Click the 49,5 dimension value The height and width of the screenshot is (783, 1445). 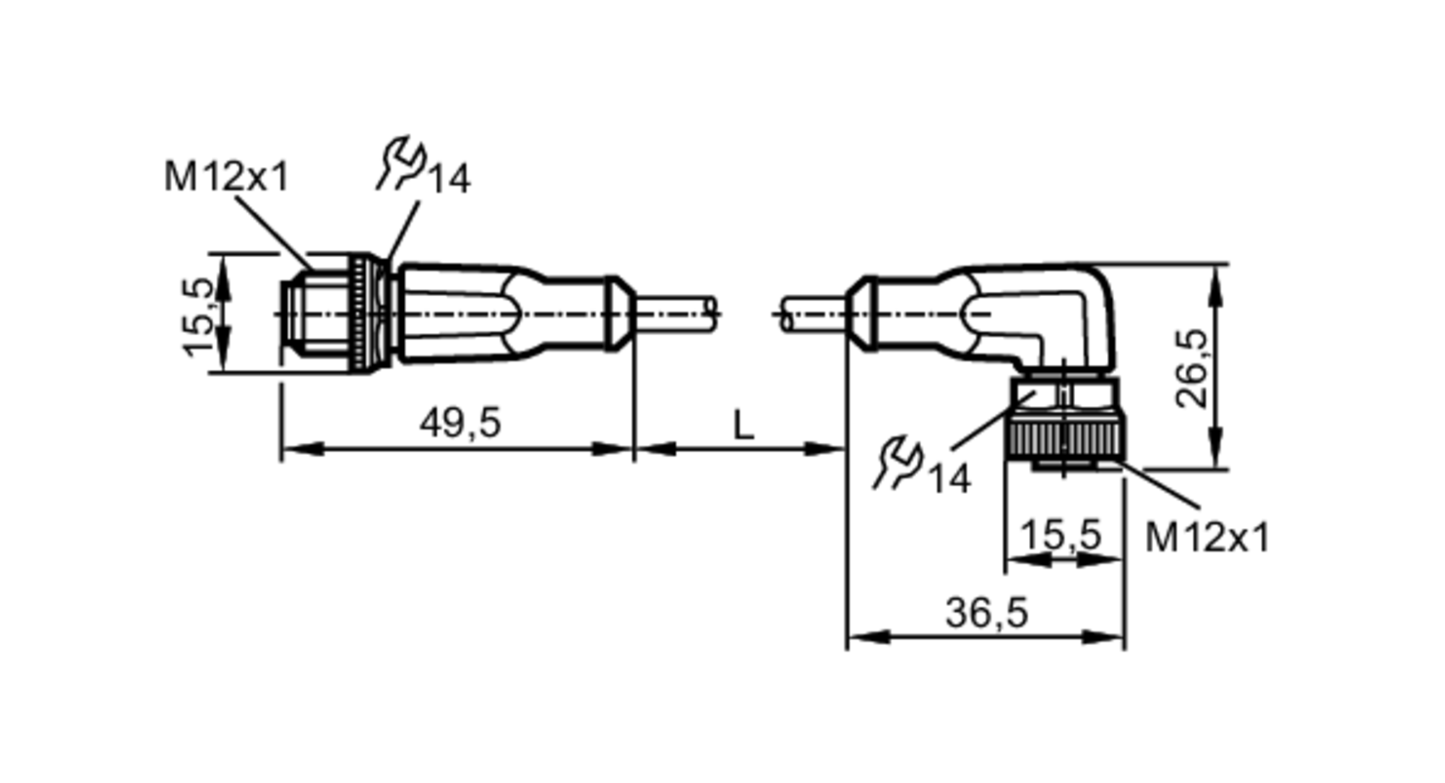460,423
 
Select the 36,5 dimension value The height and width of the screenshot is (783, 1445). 986,613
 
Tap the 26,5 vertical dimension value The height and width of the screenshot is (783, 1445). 1191,368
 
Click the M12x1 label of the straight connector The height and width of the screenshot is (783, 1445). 226,177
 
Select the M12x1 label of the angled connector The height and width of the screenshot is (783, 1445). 1207,538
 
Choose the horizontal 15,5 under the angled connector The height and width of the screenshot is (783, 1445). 1061,535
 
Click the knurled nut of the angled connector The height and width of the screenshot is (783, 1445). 1065,440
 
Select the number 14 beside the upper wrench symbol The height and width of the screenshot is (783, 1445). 450,179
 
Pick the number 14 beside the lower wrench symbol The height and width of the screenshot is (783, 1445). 949,479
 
